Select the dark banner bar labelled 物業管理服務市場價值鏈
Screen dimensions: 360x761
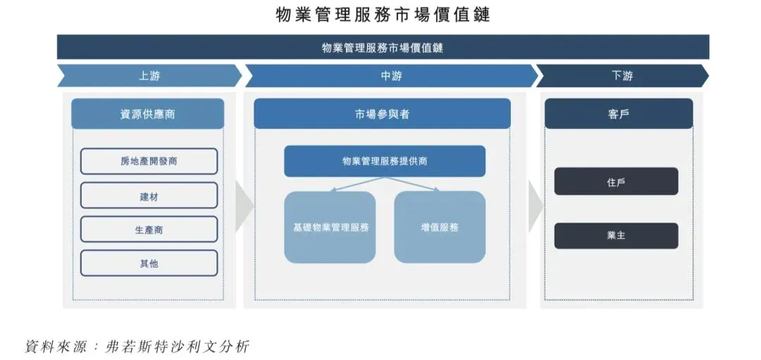(x=383, y=47)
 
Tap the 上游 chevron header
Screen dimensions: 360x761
(x=149, y=75)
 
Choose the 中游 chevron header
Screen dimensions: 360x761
(x=390, y=75)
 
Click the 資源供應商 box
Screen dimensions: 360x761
(x=147, y=113)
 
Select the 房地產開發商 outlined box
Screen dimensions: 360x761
(x=149, y=161)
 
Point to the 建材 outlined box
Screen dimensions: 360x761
(x=149, y=195)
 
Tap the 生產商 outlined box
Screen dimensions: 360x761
(x=149, y=229)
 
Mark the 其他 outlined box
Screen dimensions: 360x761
(x=149, y=263)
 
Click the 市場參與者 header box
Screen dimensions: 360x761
(x=382, y=113)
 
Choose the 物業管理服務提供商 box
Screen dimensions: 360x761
(x=384, y=161)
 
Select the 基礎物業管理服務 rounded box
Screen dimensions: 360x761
(x=330, y=227)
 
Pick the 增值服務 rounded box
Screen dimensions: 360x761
(x=439, y=227)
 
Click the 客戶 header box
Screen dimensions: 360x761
(x=618, y=113)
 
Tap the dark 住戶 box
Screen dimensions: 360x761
(x=616, y=181)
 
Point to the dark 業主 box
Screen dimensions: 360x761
(x=616, y=235)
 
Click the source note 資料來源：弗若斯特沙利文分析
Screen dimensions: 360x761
(x=137, y=347)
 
